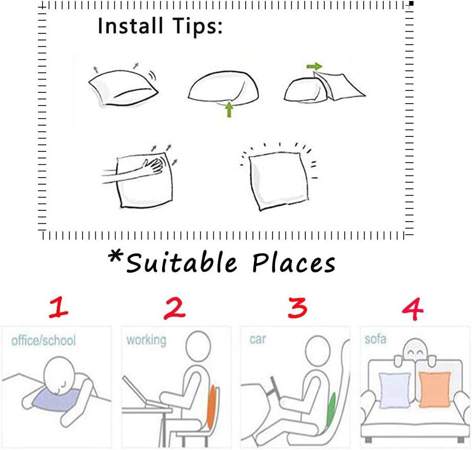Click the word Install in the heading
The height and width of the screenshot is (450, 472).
coord(130,26)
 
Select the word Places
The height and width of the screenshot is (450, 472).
coord(293,263)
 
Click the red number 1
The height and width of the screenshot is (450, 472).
coord(58,307)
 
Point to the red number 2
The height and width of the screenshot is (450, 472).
coord(174,308)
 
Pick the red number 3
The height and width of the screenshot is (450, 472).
coord(298,307)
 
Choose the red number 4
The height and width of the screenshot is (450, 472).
coord(412,309)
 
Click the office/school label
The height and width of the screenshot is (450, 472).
coord(44,340)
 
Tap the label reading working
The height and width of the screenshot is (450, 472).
coord(146,340)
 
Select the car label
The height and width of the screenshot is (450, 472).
coord(258,339)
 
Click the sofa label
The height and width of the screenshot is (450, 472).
coord(376,339)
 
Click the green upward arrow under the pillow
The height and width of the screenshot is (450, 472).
coord(229,109)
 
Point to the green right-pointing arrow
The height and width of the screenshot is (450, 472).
coord(314,66)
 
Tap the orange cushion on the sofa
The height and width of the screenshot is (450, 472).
coord(435,389)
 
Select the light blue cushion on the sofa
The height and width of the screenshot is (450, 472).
coord(395,390)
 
